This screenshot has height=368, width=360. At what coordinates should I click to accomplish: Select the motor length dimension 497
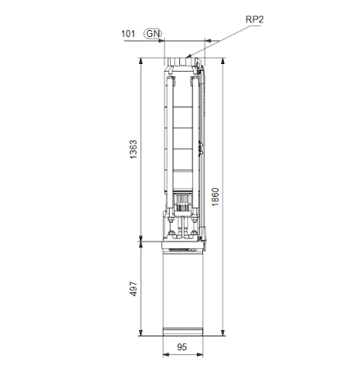[131, 289]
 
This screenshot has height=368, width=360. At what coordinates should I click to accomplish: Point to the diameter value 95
[183, 349]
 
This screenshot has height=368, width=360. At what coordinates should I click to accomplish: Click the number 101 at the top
[128, 33]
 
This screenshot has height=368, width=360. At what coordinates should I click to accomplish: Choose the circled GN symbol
[153, 33]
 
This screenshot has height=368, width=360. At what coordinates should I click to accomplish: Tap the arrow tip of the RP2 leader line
[188, 56]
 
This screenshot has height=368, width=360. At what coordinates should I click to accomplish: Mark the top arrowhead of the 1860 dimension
[223, 61]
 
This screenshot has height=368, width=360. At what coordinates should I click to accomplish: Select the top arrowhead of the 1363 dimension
[140, 61]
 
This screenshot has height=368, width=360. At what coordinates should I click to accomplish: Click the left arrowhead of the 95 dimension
[165, 356]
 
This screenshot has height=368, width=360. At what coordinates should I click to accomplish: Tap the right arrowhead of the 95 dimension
[202, 356]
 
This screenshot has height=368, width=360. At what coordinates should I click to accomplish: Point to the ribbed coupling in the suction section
[184, 204]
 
